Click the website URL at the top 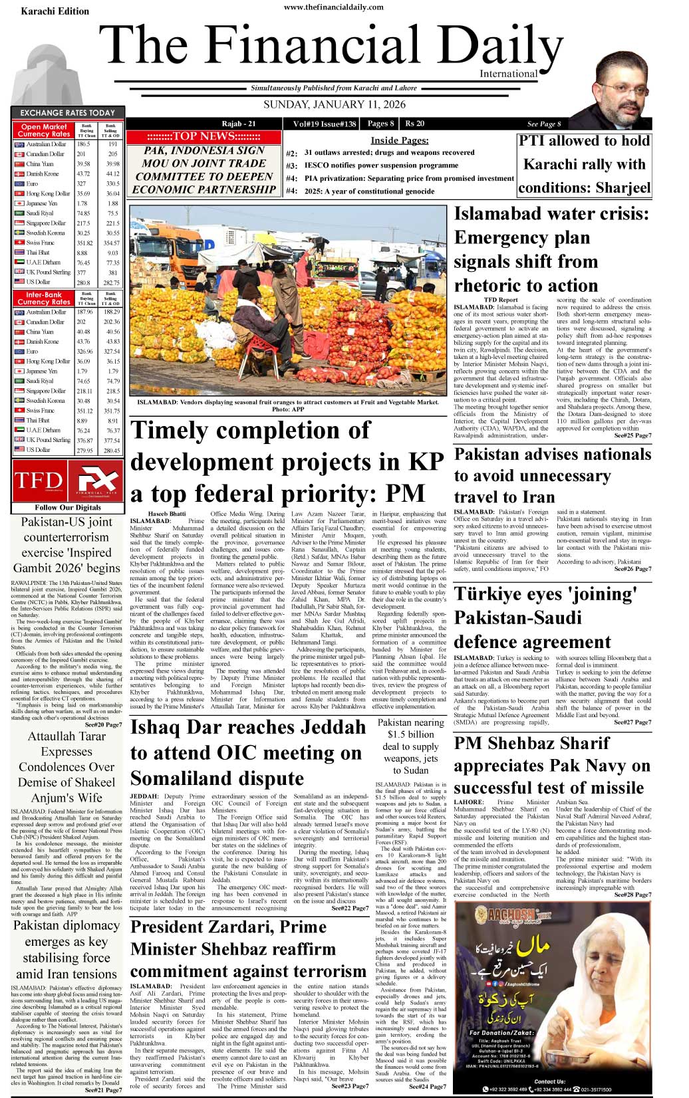(x=333, y=7)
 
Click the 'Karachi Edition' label (x=55, y=11)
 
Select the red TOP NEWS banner (x=203, y=136)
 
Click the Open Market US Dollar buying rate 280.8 (x=83, y=282)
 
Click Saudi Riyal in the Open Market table (x=40, y=213)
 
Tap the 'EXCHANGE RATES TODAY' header (x=67, y=113)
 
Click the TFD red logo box (x=39, y=480)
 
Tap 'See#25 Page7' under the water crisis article (x=632, y=435)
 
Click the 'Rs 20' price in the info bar (x=415, y=124)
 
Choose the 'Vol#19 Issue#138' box (x=324, y=124)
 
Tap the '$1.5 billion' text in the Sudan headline (x=411, y=734)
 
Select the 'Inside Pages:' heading (x=399, y=140)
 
